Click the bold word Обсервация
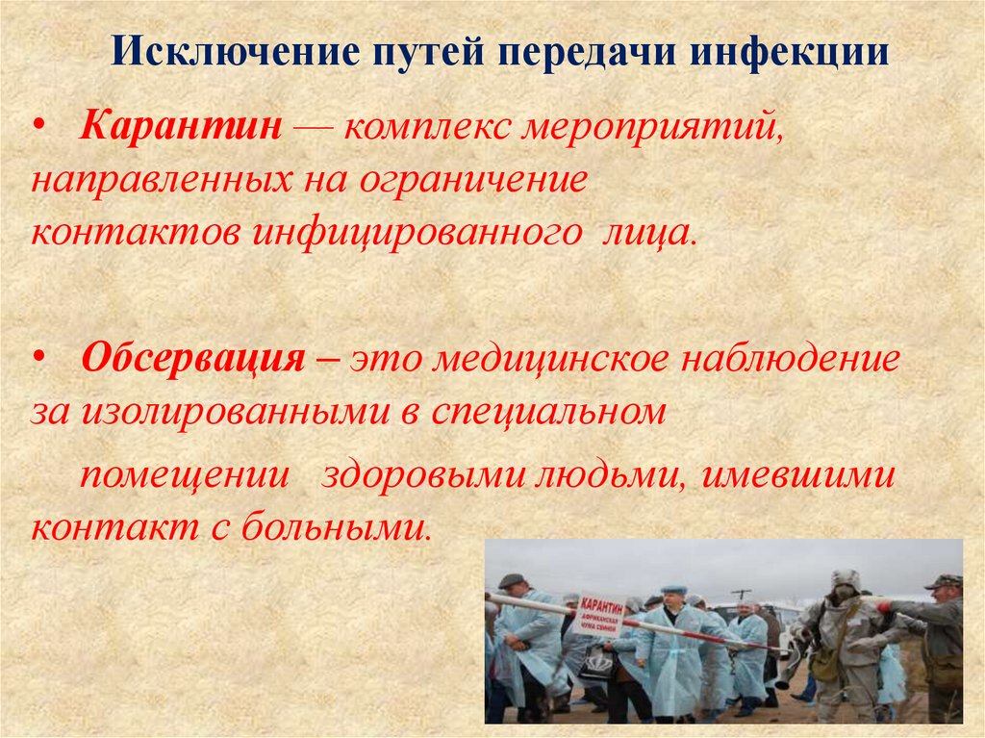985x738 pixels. pos(193,361)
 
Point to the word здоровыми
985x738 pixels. pos(422,476)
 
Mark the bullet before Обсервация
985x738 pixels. pos(38,361)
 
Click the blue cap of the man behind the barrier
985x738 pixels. pos(673,589)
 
